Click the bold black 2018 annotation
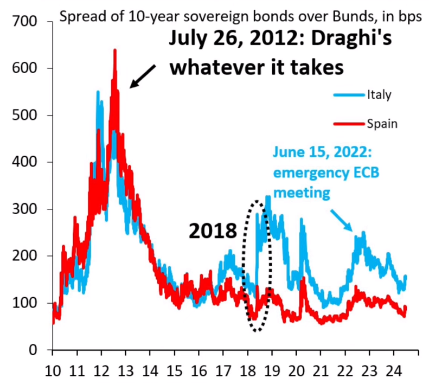coord(213,231)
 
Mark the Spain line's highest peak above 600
coord(114,50)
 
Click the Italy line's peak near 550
coord(98,92)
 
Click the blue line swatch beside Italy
coord(346,95)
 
